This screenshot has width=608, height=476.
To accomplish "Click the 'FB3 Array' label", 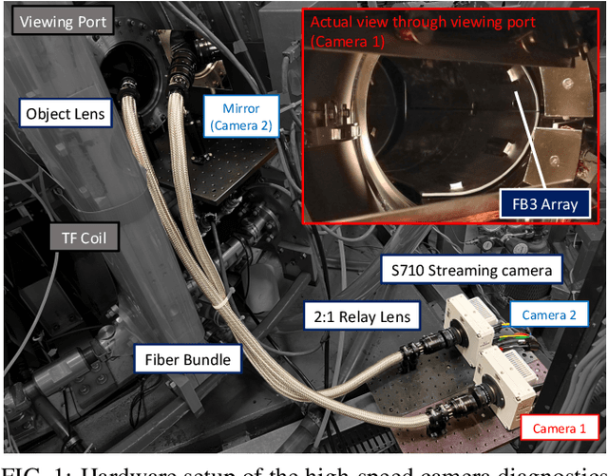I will point(541,203).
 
